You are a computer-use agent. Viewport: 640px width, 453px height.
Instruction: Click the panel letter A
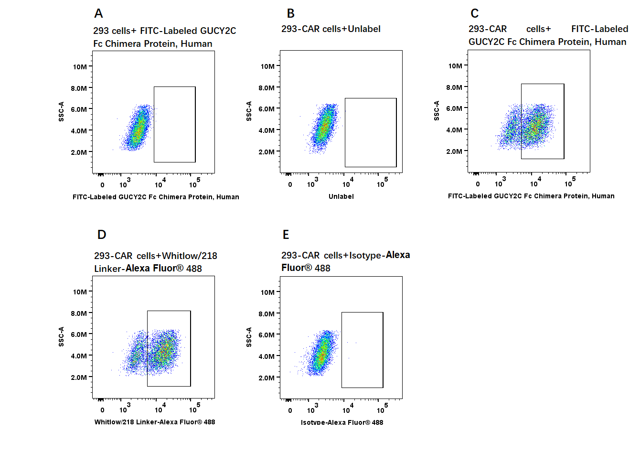98,13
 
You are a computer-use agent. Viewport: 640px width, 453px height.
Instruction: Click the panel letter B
290,13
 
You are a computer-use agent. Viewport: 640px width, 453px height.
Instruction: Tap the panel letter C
475,13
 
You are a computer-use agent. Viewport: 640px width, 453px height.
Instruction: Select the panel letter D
102,235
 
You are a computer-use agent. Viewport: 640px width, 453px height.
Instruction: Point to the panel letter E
286,235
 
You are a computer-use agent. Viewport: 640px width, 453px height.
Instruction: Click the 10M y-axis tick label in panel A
80,67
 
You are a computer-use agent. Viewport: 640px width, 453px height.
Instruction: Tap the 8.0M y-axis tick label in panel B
267,88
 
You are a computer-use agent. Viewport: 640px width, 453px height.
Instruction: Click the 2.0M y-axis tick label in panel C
454,151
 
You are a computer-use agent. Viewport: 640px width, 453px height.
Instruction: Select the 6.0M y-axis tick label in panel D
79,334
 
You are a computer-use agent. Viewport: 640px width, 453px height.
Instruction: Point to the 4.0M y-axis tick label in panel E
267,356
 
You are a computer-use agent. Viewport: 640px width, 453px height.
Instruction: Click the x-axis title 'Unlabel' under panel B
341,196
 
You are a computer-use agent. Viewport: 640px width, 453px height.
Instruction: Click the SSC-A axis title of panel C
436,110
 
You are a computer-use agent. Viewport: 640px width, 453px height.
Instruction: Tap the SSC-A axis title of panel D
61,337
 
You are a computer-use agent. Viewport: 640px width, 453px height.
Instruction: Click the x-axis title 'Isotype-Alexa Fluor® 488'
342,422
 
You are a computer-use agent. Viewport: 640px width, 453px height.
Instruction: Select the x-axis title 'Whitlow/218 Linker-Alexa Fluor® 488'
155,422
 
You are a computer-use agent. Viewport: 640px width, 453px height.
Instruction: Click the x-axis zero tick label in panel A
102,185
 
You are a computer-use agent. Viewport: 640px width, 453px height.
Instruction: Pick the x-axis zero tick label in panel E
290,410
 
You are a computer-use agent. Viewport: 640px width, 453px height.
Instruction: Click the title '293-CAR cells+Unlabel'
331,29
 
